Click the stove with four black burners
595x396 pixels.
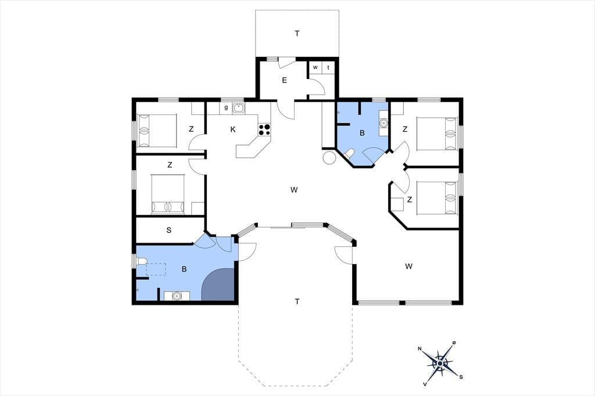[x=264, y=129]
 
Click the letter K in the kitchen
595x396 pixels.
[x=233, y=129]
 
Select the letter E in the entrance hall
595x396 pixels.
[x=284, y=80]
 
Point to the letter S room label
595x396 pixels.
[x=169, y=231]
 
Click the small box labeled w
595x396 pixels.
[x=315, y=67]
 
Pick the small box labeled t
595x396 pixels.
[x=328, y=67]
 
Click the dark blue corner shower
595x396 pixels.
[x=218, y=285]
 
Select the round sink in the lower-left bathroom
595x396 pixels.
[x=177, y=296]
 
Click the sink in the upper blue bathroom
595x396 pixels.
[x=383, y=123]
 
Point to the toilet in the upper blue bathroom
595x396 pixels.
[x=349, y=153]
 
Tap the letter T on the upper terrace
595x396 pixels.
[x=297, y=34]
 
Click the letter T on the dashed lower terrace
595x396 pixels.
[x=297, y=301]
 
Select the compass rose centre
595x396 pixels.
[x=439, y=363]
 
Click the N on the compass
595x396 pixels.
[x=420, y=348]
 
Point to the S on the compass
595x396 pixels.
[x=461, y=377]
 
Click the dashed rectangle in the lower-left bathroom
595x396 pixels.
[x=156, y=269]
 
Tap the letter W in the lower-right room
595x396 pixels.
[x=408, y=267]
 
